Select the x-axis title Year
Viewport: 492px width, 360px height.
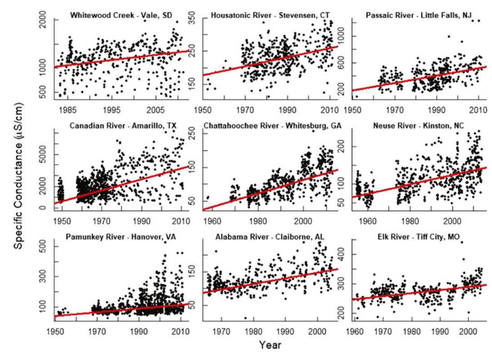270,345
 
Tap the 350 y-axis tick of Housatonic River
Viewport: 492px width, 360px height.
196,21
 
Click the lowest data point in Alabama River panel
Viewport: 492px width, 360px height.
245,318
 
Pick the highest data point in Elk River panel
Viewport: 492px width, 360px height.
461,242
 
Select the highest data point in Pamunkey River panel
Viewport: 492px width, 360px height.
165,242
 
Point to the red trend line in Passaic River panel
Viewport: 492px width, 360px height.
418,79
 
